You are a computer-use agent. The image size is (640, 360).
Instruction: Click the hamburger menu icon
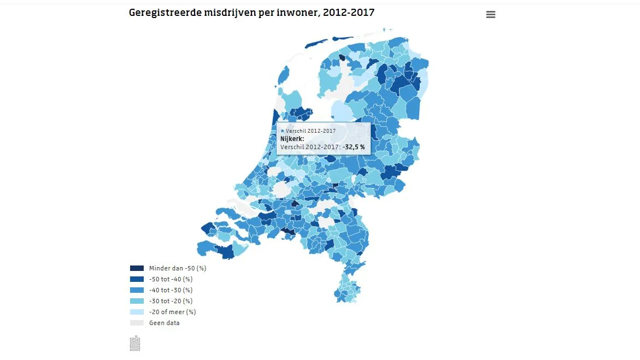[x=490, y=15]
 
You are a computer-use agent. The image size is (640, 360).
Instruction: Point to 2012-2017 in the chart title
[x=349, y=12]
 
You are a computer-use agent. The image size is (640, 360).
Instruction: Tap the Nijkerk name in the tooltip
[x=292, y=139]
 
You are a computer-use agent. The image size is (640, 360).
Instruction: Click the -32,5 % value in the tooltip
[x=354, y=147]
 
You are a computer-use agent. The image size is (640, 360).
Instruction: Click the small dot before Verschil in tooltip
[x=282, y=131]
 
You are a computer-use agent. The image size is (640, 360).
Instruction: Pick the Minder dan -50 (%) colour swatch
[x=137, y=268]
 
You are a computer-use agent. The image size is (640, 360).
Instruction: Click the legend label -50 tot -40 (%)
[x=171, y=279]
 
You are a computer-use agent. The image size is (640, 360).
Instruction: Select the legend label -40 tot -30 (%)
[x=171, y=290]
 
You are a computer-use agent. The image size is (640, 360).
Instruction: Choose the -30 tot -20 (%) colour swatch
[x=137, y=301]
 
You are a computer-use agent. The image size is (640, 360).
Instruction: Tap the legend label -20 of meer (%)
[x=172, y=312]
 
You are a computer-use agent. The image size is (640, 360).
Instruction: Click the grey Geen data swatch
[x=137, y=323]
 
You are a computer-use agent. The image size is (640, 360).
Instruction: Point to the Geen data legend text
[x=164, y=323]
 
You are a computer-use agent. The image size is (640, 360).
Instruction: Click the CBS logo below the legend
[x=135, y=343]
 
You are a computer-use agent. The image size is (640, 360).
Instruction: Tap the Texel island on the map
[x=284, y=76]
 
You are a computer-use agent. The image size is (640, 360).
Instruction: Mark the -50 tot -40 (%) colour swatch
[x=137, y=279]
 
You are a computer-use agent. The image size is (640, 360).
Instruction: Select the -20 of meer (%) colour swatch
[x=137, y=312]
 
